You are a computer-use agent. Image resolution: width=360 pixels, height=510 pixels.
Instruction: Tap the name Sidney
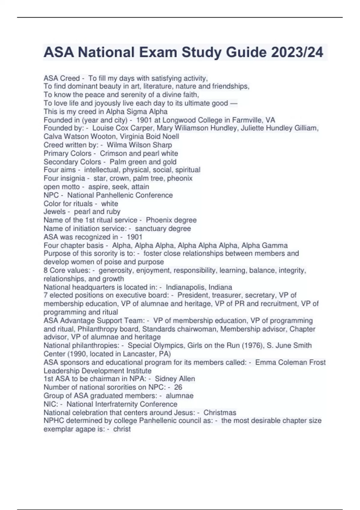coord(166,379)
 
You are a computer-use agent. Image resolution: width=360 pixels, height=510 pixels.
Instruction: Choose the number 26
coord(178,387)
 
